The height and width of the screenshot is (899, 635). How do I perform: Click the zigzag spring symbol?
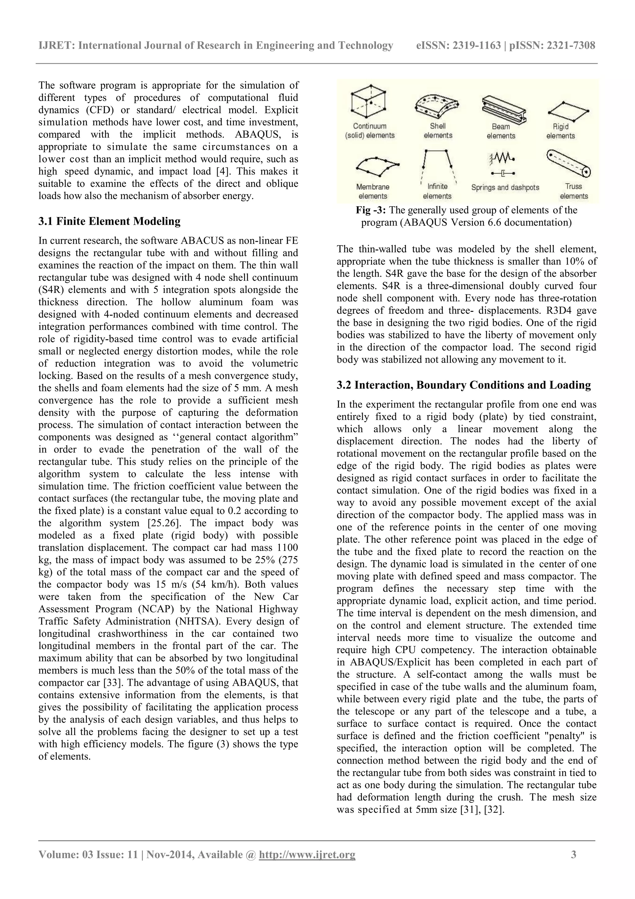[502, 158]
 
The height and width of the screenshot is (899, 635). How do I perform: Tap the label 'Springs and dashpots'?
[505, 187]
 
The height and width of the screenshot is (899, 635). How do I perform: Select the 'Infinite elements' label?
[437, 191]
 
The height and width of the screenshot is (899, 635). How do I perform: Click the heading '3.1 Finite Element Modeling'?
[109, 221]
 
